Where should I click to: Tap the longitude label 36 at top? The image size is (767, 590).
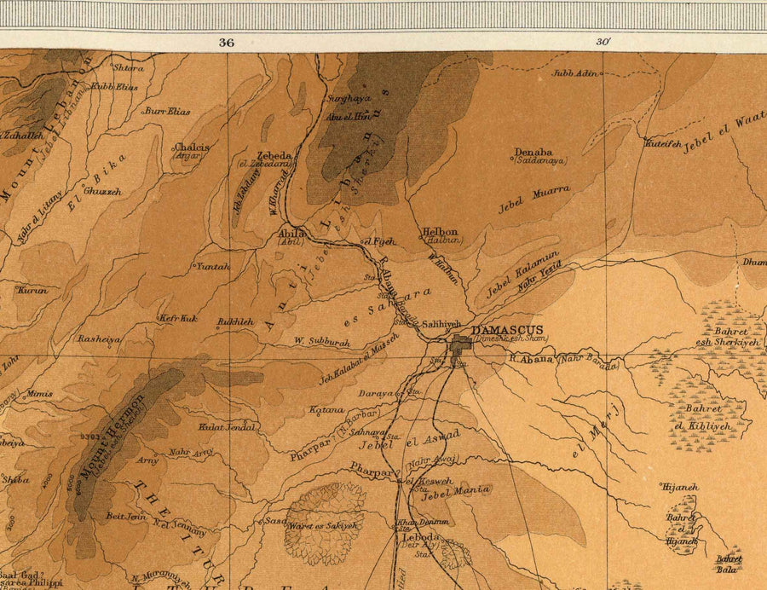point(226,41)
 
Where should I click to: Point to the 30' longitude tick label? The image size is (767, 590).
point(603,41)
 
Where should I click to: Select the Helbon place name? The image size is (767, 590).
point(440,232)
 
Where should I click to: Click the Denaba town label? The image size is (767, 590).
point(533,153)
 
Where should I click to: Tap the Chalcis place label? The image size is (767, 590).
point(191,147)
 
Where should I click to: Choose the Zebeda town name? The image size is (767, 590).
point(277,156)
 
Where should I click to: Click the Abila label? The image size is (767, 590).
point(291,232)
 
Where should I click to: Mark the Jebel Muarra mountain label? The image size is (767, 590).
point(534,200)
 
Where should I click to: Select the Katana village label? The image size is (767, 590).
point(326,410)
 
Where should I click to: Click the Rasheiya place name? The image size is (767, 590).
point(99,338)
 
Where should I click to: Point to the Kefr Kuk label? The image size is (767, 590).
point(177,318)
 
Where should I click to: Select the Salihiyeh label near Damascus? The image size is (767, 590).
point(441,324)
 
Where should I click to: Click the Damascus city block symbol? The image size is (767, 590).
point(462,344)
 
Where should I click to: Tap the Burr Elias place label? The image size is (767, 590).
point(167,111)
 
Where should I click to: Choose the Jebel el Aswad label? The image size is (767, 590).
point(410,442)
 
